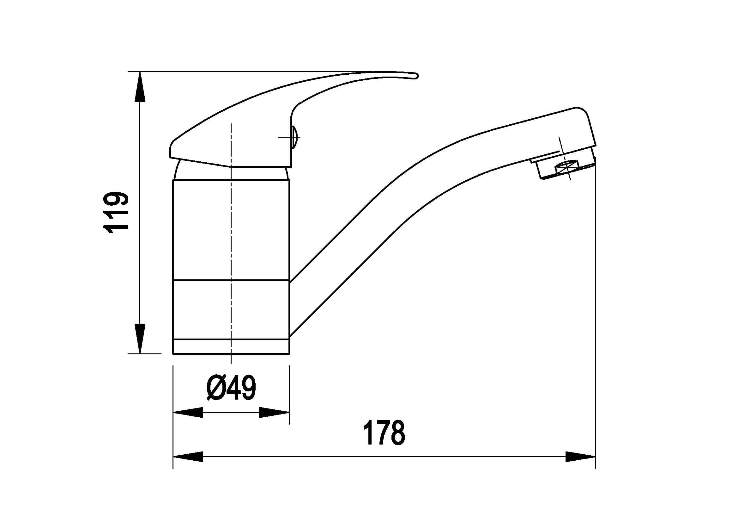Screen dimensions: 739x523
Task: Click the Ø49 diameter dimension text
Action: click(231, 388)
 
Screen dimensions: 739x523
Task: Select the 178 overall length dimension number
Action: click(384, 433)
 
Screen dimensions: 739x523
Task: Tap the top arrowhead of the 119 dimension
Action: click(140, 87)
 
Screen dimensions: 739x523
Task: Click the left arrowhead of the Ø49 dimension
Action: click(188, 413)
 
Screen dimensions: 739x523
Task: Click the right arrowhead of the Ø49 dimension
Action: click(274, 413)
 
